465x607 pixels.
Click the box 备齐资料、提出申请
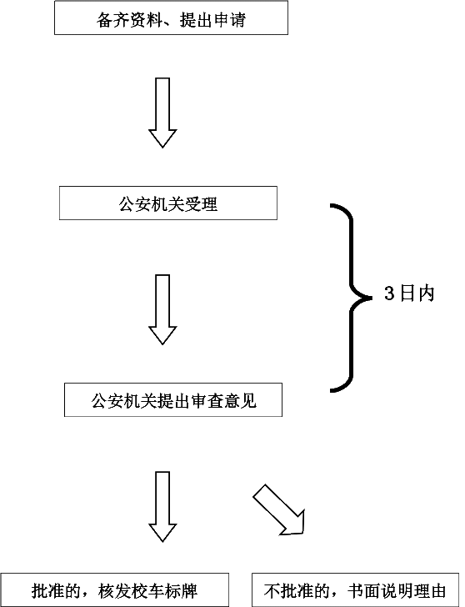pos(171,18)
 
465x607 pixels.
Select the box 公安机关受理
pos(168,203)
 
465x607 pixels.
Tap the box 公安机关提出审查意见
pos(173,400)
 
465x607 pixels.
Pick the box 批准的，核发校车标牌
pos(114,590)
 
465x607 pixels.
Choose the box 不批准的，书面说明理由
pos(355,590)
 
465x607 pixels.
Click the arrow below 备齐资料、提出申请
pos(162,113)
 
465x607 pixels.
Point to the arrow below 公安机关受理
pos(162,309)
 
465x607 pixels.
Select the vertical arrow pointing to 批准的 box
pos(162,506)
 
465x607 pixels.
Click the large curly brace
pos(352,298)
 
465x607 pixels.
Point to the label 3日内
pos(409,293)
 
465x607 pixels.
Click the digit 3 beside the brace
pos(389,293)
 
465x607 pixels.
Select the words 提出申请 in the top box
pos(213,19)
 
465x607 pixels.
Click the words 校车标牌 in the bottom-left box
pos(165,591)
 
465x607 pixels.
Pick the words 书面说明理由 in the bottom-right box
pos(397,591)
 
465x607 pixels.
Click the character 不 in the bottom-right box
pos(272,591)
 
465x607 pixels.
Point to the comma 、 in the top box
pos(170,24)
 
